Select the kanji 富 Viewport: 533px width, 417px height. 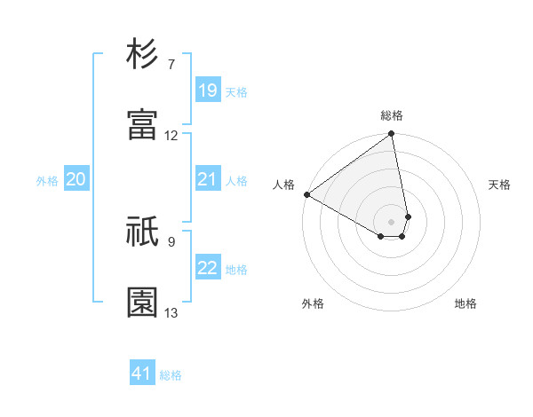143,125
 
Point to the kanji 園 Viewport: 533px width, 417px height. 143,303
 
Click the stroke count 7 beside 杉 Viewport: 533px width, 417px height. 171,65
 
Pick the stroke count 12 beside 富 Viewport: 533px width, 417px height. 171,136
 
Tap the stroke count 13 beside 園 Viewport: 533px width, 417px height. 171,312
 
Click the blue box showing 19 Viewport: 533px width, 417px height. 208,90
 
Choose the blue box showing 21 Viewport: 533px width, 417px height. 208,179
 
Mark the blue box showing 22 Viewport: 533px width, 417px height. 208,268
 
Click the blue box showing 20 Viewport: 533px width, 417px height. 76,179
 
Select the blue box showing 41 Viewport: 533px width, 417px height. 142,374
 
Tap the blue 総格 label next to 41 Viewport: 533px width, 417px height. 171,375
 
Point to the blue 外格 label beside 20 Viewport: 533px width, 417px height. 47,181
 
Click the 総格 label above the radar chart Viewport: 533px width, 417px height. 392,115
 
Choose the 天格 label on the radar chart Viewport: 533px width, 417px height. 499,185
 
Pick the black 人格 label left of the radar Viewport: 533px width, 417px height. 284,185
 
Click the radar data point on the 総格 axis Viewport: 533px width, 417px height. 392,135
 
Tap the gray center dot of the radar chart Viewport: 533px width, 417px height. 392,221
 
